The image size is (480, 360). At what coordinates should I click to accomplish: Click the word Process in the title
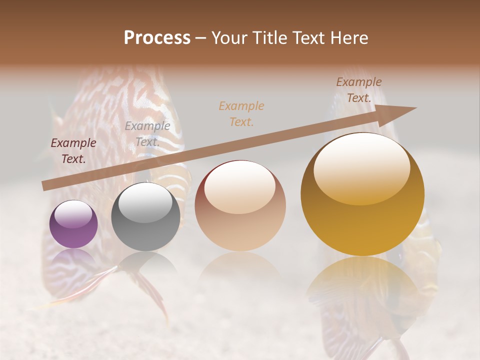[157, 38]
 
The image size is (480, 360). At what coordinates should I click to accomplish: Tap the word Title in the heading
[268, 38]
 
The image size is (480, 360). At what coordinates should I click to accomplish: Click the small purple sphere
[73, 224]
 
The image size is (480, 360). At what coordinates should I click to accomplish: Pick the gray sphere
[145, 217]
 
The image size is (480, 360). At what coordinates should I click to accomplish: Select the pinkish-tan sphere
[240, 205]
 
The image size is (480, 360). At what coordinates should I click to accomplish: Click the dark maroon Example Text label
[73, 151]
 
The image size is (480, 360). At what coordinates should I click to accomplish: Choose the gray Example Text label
[147, 133]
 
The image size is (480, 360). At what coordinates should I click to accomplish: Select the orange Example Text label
[241, 113]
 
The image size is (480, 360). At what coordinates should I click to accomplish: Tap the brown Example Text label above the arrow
[358, 90]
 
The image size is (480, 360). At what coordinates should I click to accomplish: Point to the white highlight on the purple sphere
[73, 213]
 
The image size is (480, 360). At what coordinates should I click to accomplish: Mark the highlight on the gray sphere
[145, 202]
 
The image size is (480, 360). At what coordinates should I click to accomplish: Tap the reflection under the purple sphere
[73, 257]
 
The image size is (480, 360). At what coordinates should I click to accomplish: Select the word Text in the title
[308, 38]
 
